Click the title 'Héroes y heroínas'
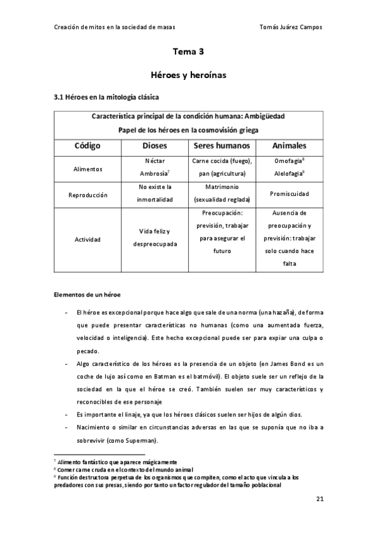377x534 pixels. [188, 75]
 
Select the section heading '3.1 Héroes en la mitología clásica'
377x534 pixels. [107, 98]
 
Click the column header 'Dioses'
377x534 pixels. [154, 145]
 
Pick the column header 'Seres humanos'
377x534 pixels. [222, 145]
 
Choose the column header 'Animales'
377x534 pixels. [290, 145]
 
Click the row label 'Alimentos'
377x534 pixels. [87, 169]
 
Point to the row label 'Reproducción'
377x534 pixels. [87, 195]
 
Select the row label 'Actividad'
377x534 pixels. [87, 240]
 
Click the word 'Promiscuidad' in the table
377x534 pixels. [290, 194]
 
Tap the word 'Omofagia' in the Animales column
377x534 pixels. [287, 161]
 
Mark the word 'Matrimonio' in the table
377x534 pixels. [222, 188]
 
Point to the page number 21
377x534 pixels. [320, 499]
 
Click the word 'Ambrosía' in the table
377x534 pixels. [153, 174]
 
